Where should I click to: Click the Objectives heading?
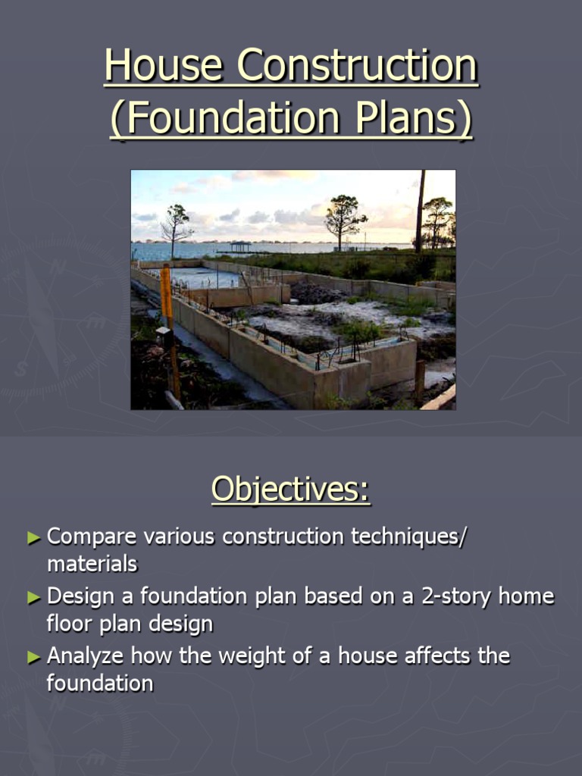(x=291, y=489)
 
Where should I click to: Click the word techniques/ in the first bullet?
(x=409, y=537)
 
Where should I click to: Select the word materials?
(x=92, y=564)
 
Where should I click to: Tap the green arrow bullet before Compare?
(x=33, y=537)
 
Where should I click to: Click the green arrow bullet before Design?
(x=33, y=597)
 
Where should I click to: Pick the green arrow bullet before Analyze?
(x=33, y=656)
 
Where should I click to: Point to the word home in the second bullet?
(x=531, y=596)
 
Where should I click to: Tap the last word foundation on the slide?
(x=99, y=683)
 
